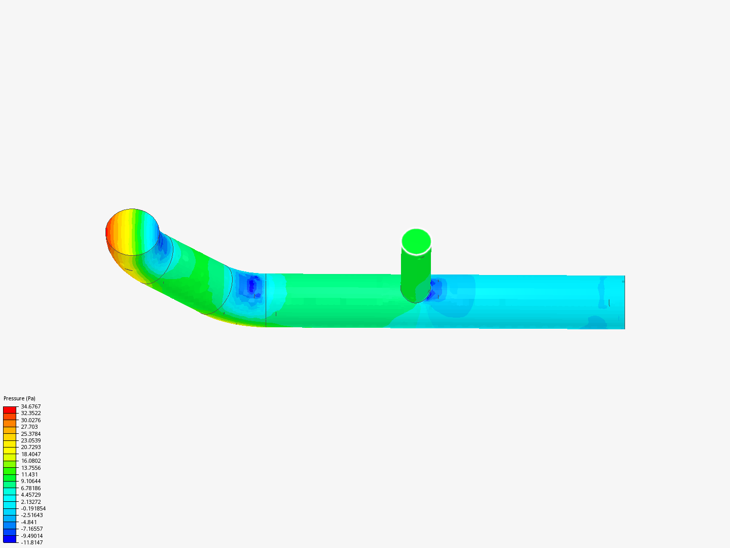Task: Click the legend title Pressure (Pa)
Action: (x=19, y=398)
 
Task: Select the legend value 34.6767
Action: (x=30, y=406)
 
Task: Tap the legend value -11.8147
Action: (x=31, y=542)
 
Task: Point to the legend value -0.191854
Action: (x=33, y=508)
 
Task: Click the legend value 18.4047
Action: (x=30, y=454)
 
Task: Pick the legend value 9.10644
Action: (x=30, y=481)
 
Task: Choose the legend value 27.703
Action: (x=29, y=427)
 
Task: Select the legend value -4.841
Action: (x=28, y=522)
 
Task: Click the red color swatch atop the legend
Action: (x=10, y=409)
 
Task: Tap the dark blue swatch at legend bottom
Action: (x=10, y=539)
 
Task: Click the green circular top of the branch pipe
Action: (x=416, y=242)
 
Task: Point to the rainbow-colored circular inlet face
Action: (x=133, y=232)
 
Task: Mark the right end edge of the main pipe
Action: (x=624, y=302)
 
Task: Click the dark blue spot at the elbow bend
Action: (x=252, y=286)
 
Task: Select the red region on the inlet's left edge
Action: (x=109, y=232)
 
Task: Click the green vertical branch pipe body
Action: (x=416, y=274)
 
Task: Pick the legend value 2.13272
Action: (x=30, y=502)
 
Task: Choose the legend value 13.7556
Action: (x=30, y=468)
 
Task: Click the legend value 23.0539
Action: (x=30, y=440)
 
